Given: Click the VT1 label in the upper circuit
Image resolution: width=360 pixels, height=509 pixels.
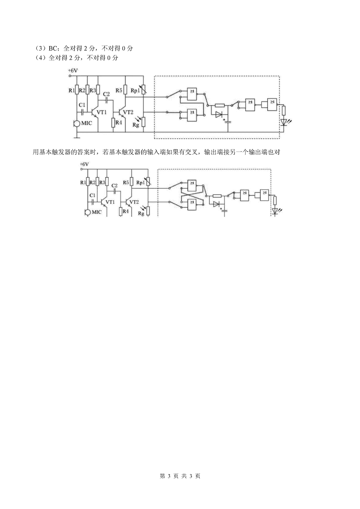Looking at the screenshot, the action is pos(102,112).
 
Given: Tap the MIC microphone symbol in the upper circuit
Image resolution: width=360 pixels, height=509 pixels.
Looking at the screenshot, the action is pos(77,124).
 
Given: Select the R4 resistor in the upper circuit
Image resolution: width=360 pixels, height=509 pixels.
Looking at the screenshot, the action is pos(113,123).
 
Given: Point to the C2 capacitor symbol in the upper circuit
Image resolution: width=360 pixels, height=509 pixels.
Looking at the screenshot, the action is pos(106,100).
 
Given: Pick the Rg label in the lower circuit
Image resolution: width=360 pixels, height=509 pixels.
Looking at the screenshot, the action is pos(141,214).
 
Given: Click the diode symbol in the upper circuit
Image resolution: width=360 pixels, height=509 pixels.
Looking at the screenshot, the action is pos(219,114).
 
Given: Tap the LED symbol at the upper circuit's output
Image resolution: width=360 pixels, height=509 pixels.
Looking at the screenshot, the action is pos(284,122).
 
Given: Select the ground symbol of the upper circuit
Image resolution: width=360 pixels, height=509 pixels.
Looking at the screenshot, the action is pos(77,137).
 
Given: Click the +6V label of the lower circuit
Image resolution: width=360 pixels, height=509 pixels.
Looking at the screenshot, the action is pos(84,164).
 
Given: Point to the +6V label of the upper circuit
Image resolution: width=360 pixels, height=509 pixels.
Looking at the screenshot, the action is pos(73,70).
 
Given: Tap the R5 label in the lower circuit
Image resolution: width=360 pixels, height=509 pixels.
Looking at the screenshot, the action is pos(126,182).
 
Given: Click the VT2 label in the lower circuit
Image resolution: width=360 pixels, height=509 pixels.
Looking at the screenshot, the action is pos(134,202).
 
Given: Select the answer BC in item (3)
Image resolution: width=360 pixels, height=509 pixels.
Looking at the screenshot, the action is pos(53,48).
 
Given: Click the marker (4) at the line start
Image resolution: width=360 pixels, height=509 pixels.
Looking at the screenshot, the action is pos(41,58).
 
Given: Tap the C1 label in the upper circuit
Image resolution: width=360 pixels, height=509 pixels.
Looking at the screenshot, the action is pos(82,105).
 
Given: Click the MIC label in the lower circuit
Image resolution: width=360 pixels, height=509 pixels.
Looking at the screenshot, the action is pos(96,212).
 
